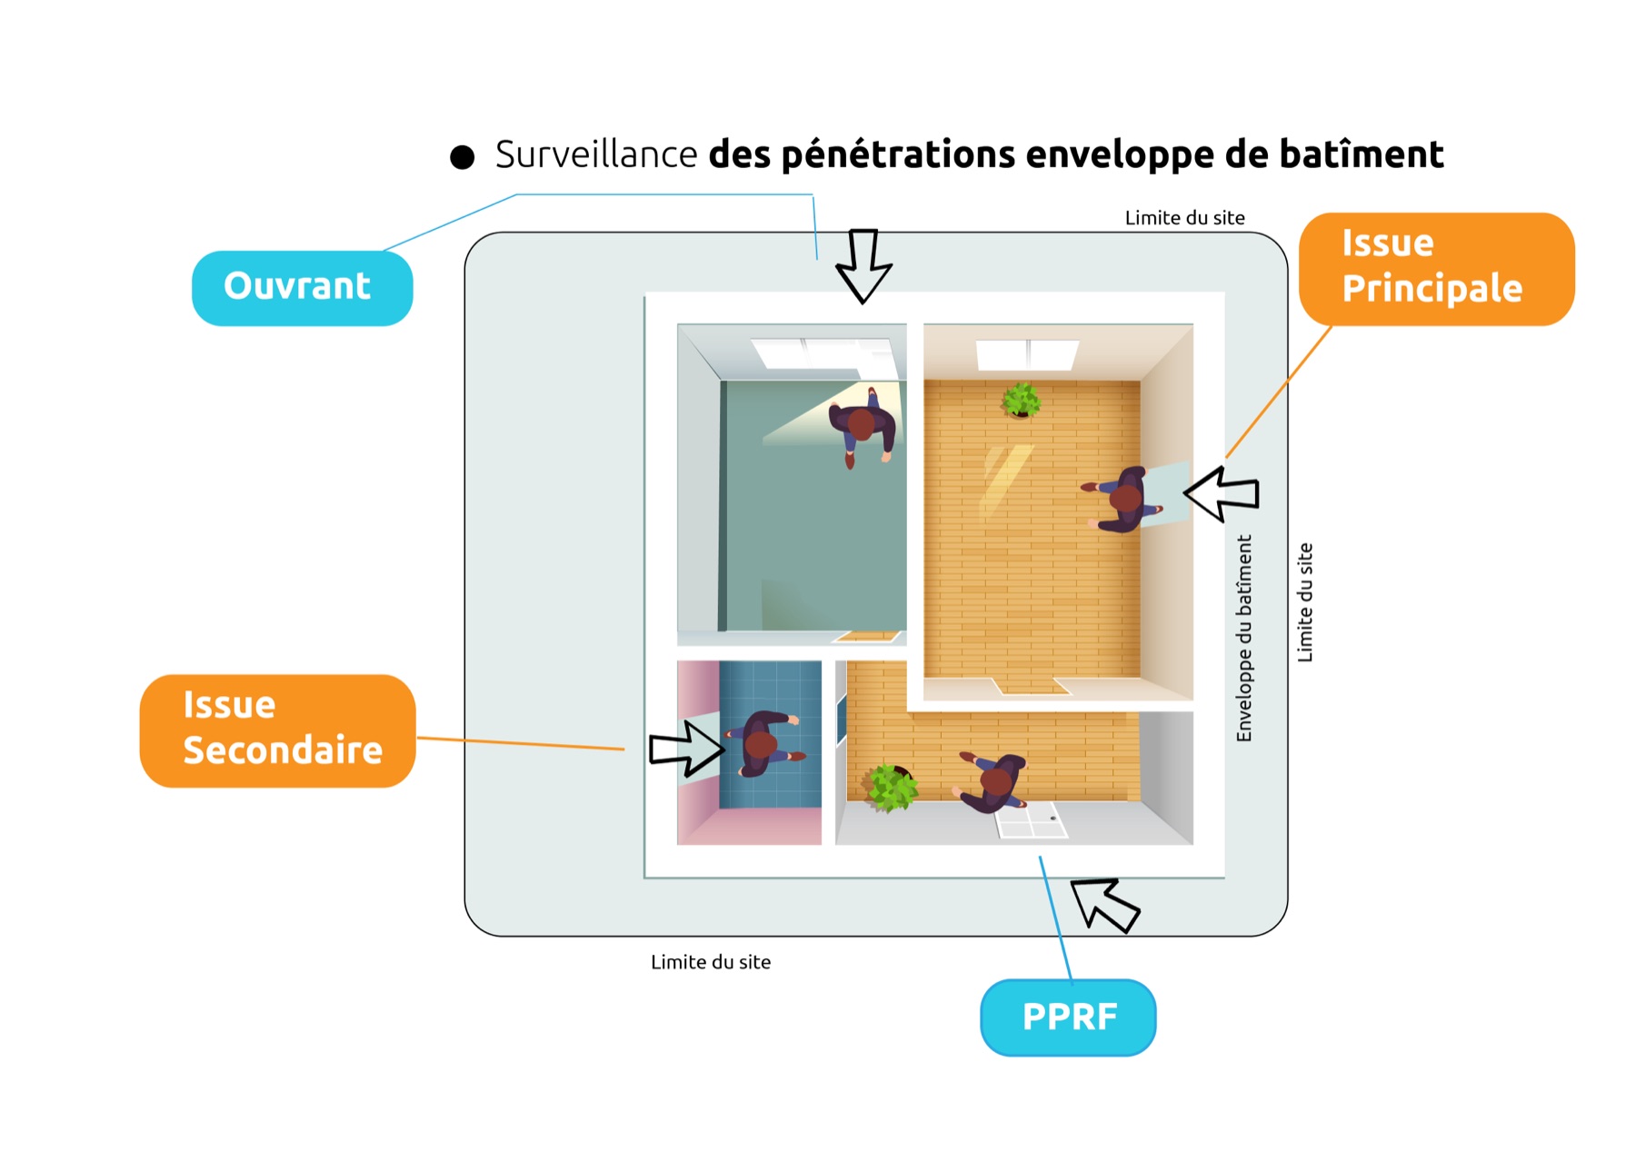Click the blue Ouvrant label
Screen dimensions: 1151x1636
[302, 288]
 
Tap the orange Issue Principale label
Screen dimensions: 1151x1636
[1436, 268]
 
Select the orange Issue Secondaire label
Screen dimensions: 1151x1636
[278, 730]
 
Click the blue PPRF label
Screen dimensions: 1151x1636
[1068, 1017]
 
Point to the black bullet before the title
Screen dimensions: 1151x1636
[463, 157]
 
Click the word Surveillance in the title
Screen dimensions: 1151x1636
[596, 154]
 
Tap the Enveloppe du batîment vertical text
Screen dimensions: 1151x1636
[1244, 638]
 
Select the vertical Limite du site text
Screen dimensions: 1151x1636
[1304, 602]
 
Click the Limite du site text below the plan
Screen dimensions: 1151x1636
[711, 962]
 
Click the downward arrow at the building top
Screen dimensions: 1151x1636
[863, 264]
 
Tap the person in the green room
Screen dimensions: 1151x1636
[862, 425]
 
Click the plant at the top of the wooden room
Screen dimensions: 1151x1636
[1022, 399]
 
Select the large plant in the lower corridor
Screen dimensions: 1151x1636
[891, 787]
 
